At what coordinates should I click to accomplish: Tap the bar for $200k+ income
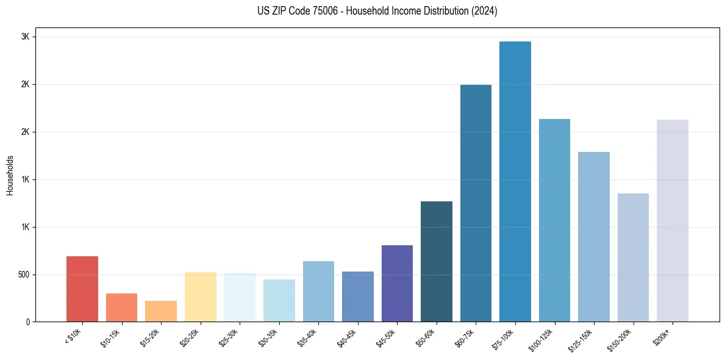click(673, 220)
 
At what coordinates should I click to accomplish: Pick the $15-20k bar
click(161, 311)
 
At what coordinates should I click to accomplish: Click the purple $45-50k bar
click(397, 283)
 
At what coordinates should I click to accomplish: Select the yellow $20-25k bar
click(201, 297)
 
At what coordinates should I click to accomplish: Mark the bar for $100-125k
click(554, 220)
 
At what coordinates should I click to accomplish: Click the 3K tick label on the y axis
click(26, 37)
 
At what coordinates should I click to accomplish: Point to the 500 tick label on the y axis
click(23, 275)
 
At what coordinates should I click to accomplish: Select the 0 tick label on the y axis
click(28, 322)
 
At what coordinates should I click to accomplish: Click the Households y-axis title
click(10, 175)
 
